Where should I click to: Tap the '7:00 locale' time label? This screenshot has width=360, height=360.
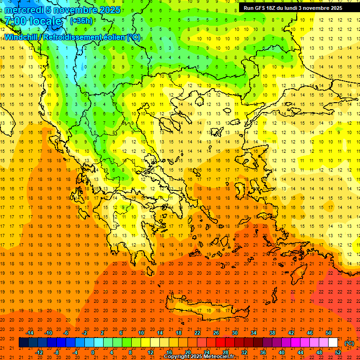point(33,21)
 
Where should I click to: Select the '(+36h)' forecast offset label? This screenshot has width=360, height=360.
point(81,21)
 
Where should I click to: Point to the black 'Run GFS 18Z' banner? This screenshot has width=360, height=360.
point(292,8)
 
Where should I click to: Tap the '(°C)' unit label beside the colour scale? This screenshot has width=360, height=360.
point(349,343)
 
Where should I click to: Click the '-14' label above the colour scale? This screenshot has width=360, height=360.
point(30,333)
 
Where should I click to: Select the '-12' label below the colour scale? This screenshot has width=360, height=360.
point(39,352)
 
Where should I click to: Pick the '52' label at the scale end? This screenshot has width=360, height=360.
point(338,352)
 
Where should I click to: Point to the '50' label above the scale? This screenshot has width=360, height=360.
point(328,333)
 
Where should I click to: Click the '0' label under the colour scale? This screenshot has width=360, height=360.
point(93,352)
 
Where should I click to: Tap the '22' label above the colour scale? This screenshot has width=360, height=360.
point(197,333)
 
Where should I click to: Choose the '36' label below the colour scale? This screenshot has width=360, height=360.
point(263,352)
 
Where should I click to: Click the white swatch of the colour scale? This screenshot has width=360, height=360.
point(333,343)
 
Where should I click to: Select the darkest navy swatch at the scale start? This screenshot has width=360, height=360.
point(24,343)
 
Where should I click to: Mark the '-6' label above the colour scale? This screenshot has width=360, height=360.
point(67,333)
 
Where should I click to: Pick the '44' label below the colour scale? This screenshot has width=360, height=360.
point(300,352)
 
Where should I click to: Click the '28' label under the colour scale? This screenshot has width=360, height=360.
point(225,352)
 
